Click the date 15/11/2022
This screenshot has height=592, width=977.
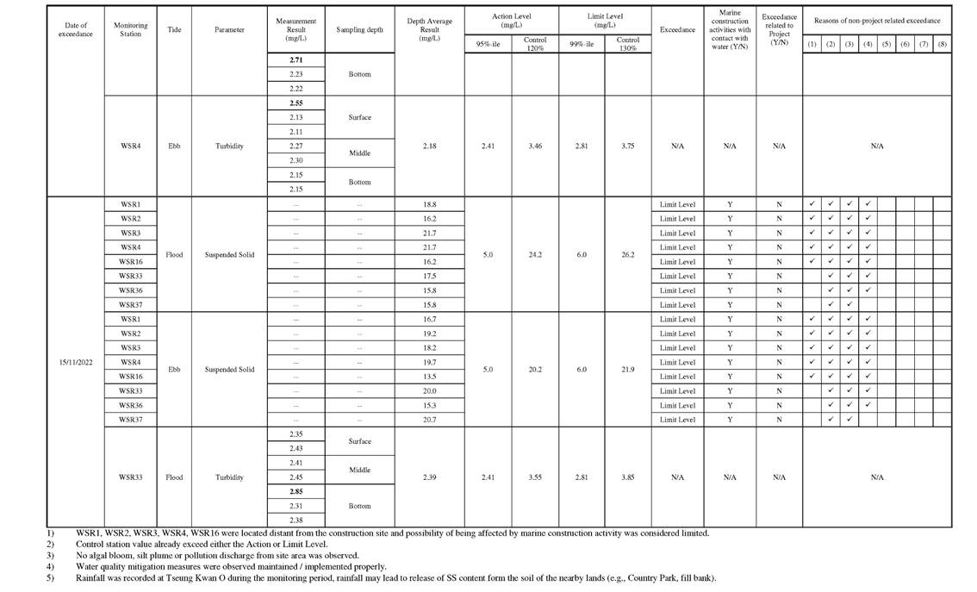[x=75, y=362]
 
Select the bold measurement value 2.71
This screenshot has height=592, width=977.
[x=296, y=60]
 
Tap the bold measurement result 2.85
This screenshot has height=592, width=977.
[x=296, y=491]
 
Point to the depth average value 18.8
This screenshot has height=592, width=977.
[x=428, y=204]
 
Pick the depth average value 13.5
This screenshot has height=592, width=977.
[x=428, y=377]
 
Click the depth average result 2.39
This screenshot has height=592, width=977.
[x=428, y=477]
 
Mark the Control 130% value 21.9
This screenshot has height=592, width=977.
[x=627, y=370]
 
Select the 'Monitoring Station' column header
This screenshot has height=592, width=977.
[x=130, y=30]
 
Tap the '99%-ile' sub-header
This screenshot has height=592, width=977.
[x=582, y=42]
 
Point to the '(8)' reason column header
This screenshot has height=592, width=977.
[x=942, y=43]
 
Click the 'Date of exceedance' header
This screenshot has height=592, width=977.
[x=75, y=30]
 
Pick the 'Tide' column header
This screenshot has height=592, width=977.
[x=174, y=30]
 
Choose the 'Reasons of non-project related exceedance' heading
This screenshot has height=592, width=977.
[x=876, y=20]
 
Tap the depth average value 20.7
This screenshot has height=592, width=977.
[x=428, y=420]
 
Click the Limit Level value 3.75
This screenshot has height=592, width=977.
[x=627, y=146]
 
